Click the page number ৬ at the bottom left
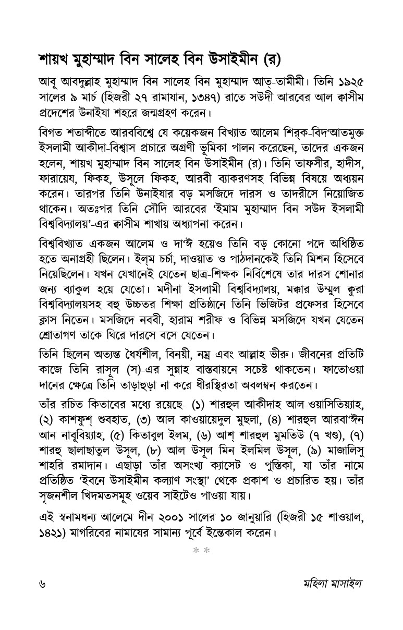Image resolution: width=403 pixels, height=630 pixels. (x=42, y=583)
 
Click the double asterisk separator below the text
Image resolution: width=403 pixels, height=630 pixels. (x=201, y=550)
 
